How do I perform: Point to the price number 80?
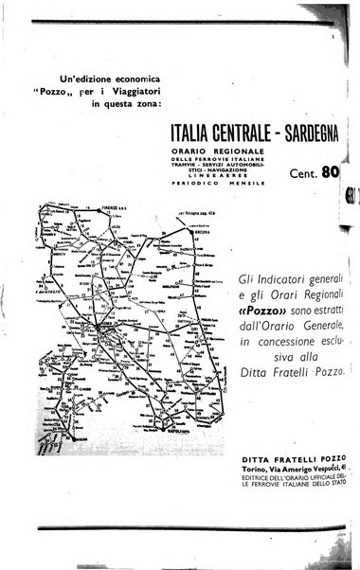tap(333, 172)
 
